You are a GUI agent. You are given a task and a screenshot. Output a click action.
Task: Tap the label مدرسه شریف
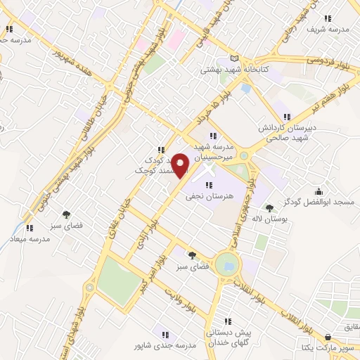tap(328, 30)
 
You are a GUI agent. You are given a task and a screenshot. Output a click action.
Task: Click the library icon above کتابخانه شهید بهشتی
tap(235, 58)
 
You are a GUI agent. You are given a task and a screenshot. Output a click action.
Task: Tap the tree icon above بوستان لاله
tap(269, 208)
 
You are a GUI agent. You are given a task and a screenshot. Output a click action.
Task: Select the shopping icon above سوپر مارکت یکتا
tap(330, 337)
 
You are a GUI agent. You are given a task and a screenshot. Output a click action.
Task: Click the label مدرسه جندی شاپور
tap(162, 347)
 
